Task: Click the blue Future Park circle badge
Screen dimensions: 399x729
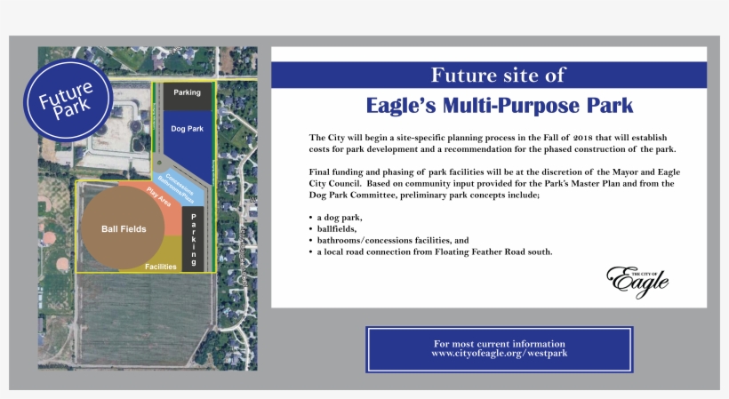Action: pyautogui.click(x=67, y=100)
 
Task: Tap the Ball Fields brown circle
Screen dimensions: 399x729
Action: pyautogui.click(x=124, y=228)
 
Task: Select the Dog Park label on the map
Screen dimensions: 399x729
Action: pyautogui.click(x=187, y=129)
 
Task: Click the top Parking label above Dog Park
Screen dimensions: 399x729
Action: pyautogui.click(x=187, y=92)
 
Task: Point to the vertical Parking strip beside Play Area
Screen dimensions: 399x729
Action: pyautogui.click(x=195, y=237)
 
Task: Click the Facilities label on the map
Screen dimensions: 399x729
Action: pyautogui.click(x=161, y=266)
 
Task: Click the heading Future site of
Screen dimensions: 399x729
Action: pyautogui.click(x=497, y=75)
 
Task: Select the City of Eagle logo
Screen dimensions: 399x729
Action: pyautogui.click(x=637, y=280)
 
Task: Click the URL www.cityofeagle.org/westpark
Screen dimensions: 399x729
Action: pyautogui.click(x=499, y=354)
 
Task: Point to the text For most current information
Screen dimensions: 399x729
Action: pyautogui.click(x=499, y=343)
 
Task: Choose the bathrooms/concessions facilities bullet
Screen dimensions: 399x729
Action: pyautogui.click(x=393, y=241)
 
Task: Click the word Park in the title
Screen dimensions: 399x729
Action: pyautogui.click(x=607, y=106)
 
